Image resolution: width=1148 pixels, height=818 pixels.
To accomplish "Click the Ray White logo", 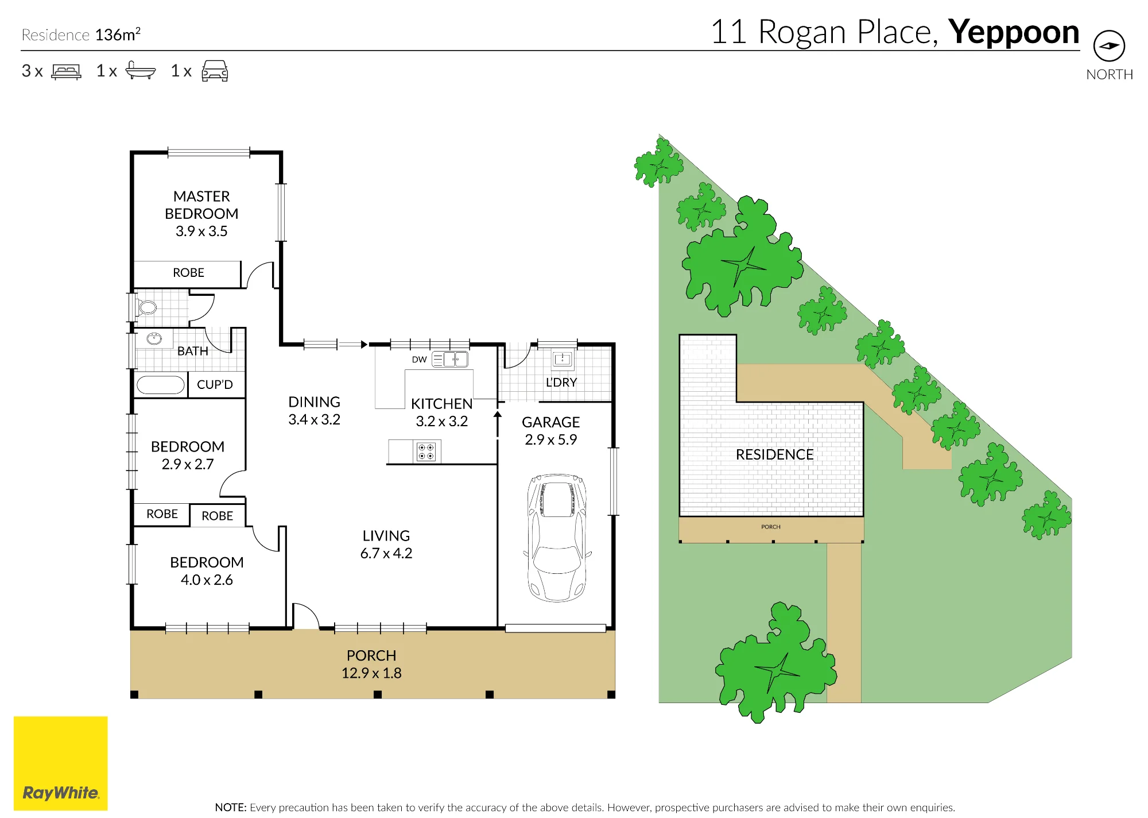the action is coord(60,763).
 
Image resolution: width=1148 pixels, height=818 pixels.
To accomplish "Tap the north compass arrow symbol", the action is coord(1109,46).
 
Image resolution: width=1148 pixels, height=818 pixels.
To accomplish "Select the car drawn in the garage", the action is coord(557,538).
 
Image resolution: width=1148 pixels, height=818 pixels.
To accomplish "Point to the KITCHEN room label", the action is coord(441,404).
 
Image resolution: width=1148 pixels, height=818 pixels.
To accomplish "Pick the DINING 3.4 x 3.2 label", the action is coord(314,411).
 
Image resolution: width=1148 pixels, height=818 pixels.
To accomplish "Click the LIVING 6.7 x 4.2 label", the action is coord(386,545).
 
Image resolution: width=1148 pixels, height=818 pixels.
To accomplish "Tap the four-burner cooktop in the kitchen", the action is coord(426,452).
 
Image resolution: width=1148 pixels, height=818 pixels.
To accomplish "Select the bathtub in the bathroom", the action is coord(161,384).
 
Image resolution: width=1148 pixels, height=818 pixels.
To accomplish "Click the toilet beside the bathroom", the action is coord(146,307).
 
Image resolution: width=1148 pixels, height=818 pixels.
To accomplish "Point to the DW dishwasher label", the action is coord(419,360).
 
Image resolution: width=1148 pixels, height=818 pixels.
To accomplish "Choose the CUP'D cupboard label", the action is coord(215,384).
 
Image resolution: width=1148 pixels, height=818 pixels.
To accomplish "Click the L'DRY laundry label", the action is coord(561,383).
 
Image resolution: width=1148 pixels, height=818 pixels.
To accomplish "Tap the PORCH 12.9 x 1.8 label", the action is coord(371,664).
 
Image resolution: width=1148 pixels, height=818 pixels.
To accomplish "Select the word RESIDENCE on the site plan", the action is coord(774,454).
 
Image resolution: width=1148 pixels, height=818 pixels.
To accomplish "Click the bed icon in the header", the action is coord(67,71).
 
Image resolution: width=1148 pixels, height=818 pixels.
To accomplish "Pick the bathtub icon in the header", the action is coord(140,70).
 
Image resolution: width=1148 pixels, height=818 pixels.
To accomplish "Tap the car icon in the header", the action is coord(215,71).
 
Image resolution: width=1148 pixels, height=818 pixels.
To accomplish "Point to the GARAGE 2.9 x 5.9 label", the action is coord(550,431).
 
